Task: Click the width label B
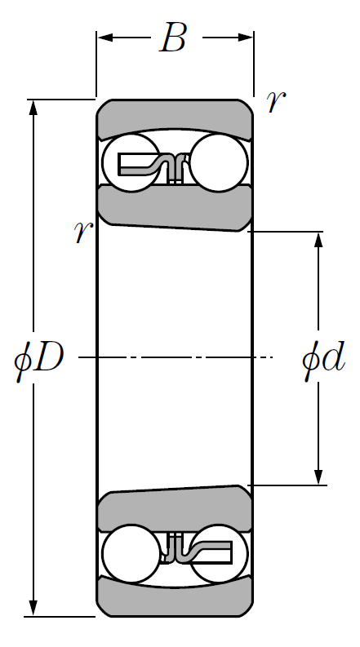point(173,38)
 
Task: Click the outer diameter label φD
point(39,357)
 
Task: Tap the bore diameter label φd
point(323,357)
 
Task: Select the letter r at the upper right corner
point(275,101)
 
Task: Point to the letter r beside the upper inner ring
point(83,231)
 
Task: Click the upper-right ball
point(219,163)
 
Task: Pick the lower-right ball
point(219,554)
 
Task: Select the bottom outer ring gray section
point(175,601)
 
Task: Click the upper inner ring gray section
point(175,206)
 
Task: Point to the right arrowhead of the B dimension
point(245,38)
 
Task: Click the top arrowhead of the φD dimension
point(33,108)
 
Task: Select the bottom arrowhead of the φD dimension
point(33,608)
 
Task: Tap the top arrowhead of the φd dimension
point(318,240)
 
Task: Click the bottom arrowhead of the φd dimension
point(318,477)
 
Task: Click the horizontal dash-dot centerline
point(176,357)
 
